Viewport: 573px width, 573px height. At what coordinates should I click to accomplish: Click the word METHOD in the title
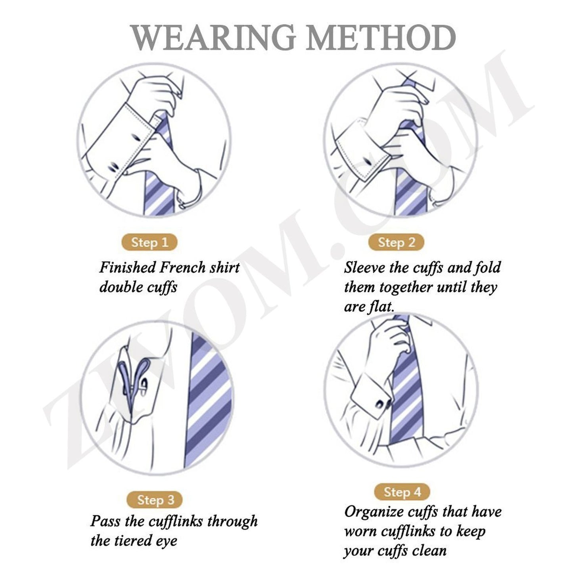(381, 38)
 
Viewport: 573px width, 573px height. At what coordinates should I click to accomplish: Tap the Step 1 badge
(149, 242)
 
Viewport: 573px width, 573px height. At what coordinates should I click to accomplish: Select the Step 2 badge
(396, 242)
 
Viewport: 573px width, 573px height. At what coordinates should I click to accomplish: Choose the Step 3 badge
(155, 500)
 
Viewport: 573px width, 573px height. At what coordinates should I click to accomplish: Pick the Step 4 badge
(402, 492)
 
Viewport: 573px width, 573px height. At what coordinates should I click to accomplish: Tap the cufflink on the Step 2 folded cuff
(367, 160)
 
